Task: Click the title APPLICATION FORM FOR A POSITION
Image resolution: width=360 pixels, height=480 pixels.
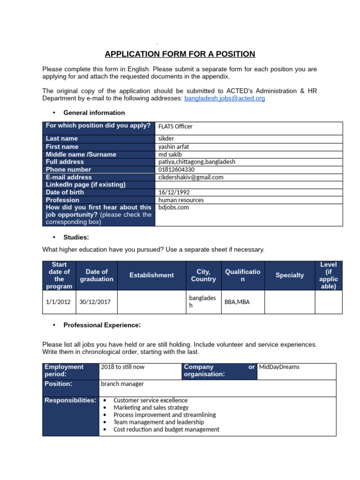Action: pyautogui.click(x=180, y=54)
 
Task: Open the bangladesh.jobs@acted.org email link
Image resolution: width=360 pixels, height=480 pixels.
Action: pyautogui.click(x=225, y=98)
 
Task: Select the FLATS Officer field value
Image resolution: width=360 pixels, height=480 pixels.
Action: pyautogui.click(x=175, y=126)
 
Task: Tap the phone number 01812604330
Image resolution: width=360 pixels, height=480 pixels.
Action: pyautogui.click(x=176, y=169)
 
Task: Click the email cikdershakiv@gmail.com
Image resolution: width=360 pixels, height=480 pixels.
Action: pyautogui.click(x=191, y=177)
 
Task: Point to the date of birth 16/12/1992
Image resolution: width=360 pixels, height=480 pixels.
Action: pyautogui.click(x=174, y=192)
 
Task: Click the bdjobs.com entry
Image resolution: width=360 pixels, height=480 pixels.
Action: pyautogui.click(x=173, y=207)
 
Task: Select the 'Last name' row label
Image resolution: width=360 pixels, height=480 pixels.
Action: pyautogui.click(x=62, y=138)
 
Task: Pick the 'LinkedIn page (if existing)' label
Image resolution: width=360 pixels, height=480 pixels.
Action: pyautogui.click(x=85, y=185)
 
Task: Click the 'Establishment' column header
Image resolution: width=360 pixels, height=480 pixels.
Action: pyautogui.click(x=151, y=275)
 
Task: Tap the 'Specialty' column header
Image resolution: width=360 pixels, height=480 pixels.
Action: pyautogui.click(x=289, y=275)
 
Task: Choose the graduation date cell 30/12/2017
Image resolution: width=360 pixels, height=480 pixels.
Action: pyautogui.click(x=95, y=302)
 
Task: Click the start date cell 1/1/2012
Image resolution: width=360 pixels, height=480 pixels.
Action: pyautogui.click(x=58, y=302)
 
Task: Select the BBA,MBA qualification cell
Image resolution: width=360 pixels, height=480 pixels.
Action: pyautogui.click(x=237, y=302)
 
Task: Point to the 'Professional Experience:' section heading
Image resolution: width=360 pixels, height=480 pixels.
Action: pyautogui.click(x=102, y=325)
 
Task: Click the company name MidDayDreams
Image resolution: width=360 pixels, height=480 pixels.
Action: pyautogui.click(x=279, y=367)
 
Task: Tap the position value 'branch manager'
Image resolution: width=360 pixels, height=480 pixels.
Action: pyautogui.click(x=122, y=384)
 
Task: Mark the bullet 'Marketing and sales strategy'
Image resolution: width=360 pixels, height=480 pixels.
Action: pyautogui.click(x=151, y=408)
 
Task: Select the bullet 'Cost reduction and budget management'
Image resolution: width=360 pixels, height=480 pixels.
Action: pyautogui.click(x=166, y=429)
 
